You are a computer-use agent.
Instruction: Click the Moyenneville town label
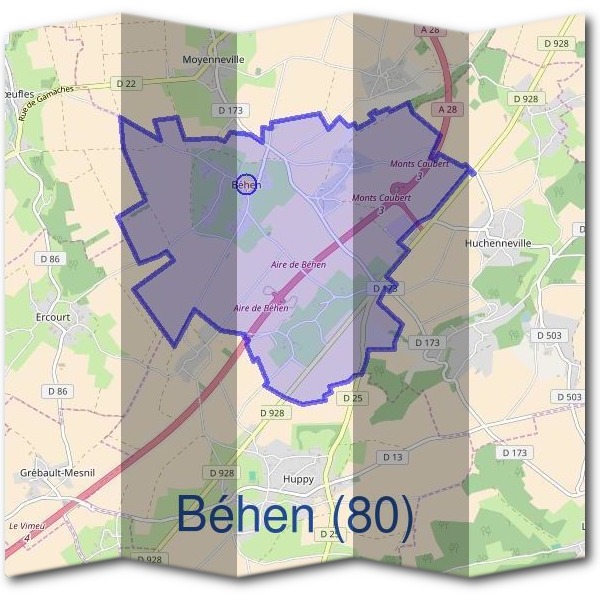click(x=214, y=59)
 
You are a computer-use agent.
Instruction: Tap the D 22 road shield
click(x=126, y=84)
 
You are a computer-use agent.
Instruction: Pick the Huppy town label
click(x=300, y=451)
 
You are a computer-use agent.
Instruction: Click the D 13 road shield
click(x=392, y=457)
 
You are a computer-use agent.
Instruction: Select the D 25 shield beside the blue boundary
click(x=350, y=398)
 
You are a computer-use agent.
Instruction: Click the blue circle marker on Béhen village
click(x=249, y=184)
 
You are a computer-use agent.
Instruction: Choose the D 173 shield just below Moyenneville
click(x=230, y=109)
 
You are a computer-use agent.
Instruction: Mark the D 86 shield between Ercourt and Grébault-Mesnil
click(x=61, y=391)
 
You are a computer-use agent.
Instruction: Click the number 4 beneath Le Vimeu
click(x=27, y=538)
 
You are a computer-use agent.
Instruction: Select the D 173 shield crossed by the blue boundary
click(x=386, y=288)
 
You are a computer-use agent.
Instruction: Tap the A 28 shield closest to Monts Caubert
click(x=446, y=107)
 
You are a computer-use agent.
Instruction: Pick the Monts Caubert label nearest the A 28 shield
click(x=419, y=162)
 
